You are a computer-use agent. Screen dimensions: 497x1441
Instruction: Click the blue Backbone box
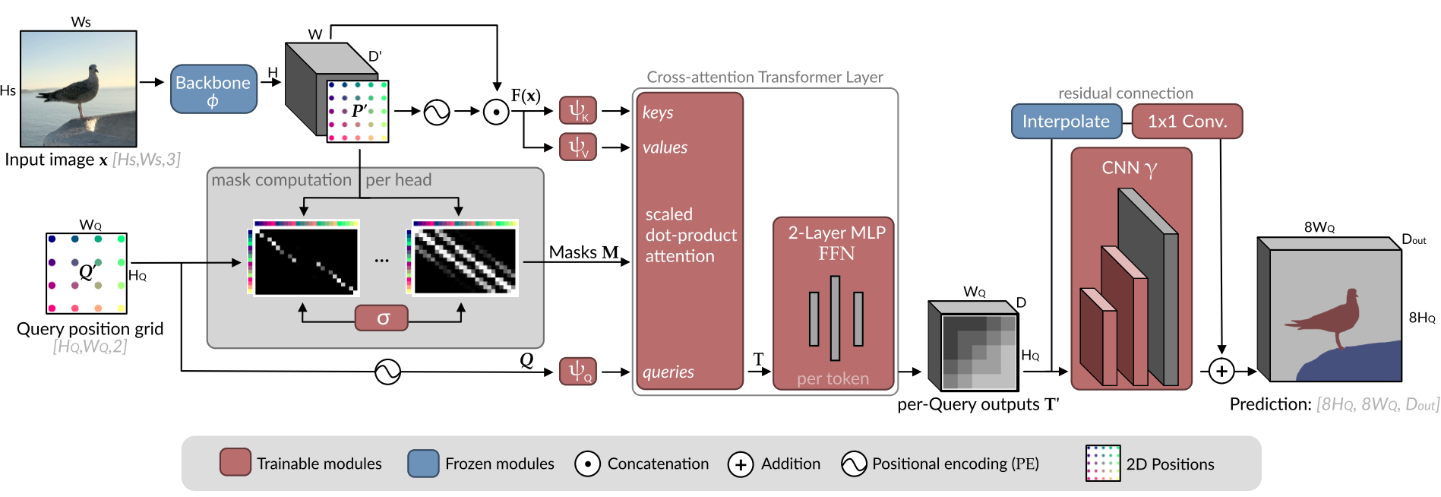(213, 90)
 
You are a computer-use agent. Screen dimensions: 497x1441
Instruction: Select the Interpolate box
(1066, 122)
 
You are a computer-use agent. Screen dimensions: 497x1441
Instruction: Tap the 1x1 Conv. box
(1187, 122)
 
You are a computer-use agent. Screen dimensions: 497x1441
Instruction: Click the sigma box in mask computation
(382, 318)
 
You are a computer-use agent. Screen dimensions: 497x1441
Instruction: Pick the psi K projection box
(578, 111)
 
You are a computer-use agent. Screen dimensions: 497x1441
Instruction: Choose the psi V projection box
(578, 147)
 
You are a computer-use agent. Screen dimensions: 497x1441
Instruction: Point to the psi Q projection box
(578, 372)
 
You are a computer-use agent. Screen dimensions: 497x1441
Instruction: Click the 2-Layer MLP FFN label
(836, 243)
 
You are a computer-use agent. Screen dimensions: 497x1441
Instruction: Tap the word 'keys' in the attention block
(658, 112)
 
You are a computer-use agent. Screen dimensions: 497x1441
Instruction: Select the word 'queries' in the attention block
(668, 372)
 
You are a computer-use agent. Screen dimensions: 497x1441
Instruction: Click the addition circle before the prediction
(1221, 372)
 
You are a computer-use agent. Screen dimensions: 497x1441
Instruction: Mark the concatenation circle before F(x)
(496, 112)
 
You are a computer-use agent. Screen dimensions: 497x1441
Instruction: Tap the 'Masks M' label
(583, 252)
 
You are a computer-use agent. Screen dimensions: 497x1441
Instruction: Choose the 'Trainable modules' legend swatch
(235, 463)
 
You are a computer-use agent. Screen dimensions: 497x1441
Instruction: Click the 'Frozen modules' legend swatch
(423, 463)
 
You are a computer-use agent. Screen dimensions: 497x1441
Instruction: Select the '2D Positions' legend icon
(1103, 463)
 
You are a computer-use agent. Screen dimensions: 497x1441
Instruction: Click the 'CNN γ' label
(1130, 168)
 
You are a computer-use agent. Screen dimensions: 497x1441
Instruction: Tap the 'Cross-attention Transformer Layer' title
(764, 77)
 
